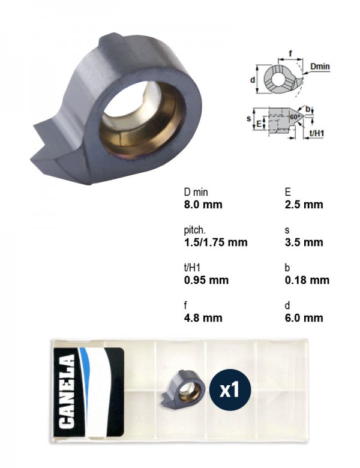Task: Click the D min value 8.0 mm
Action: (x=203, y=205)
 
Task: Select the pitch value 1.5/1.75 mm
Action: (x=215, y=242)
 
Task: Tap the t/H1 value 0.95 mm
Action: (x=206, y=280)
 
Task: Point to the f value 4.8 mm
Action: (x=203, y=318)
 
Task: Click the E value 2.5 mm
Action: (x=304, y=205)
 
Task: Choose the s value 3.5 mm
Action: (x=304, y=242)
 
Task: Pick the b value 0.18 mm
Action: (x=307, y=280)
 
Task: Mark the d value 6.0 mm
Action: (x=304, y=318)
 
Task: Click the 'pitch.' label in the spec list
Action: (x=194, y=230)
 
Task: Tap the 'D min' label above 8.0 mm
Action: (x=196, y=192)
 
